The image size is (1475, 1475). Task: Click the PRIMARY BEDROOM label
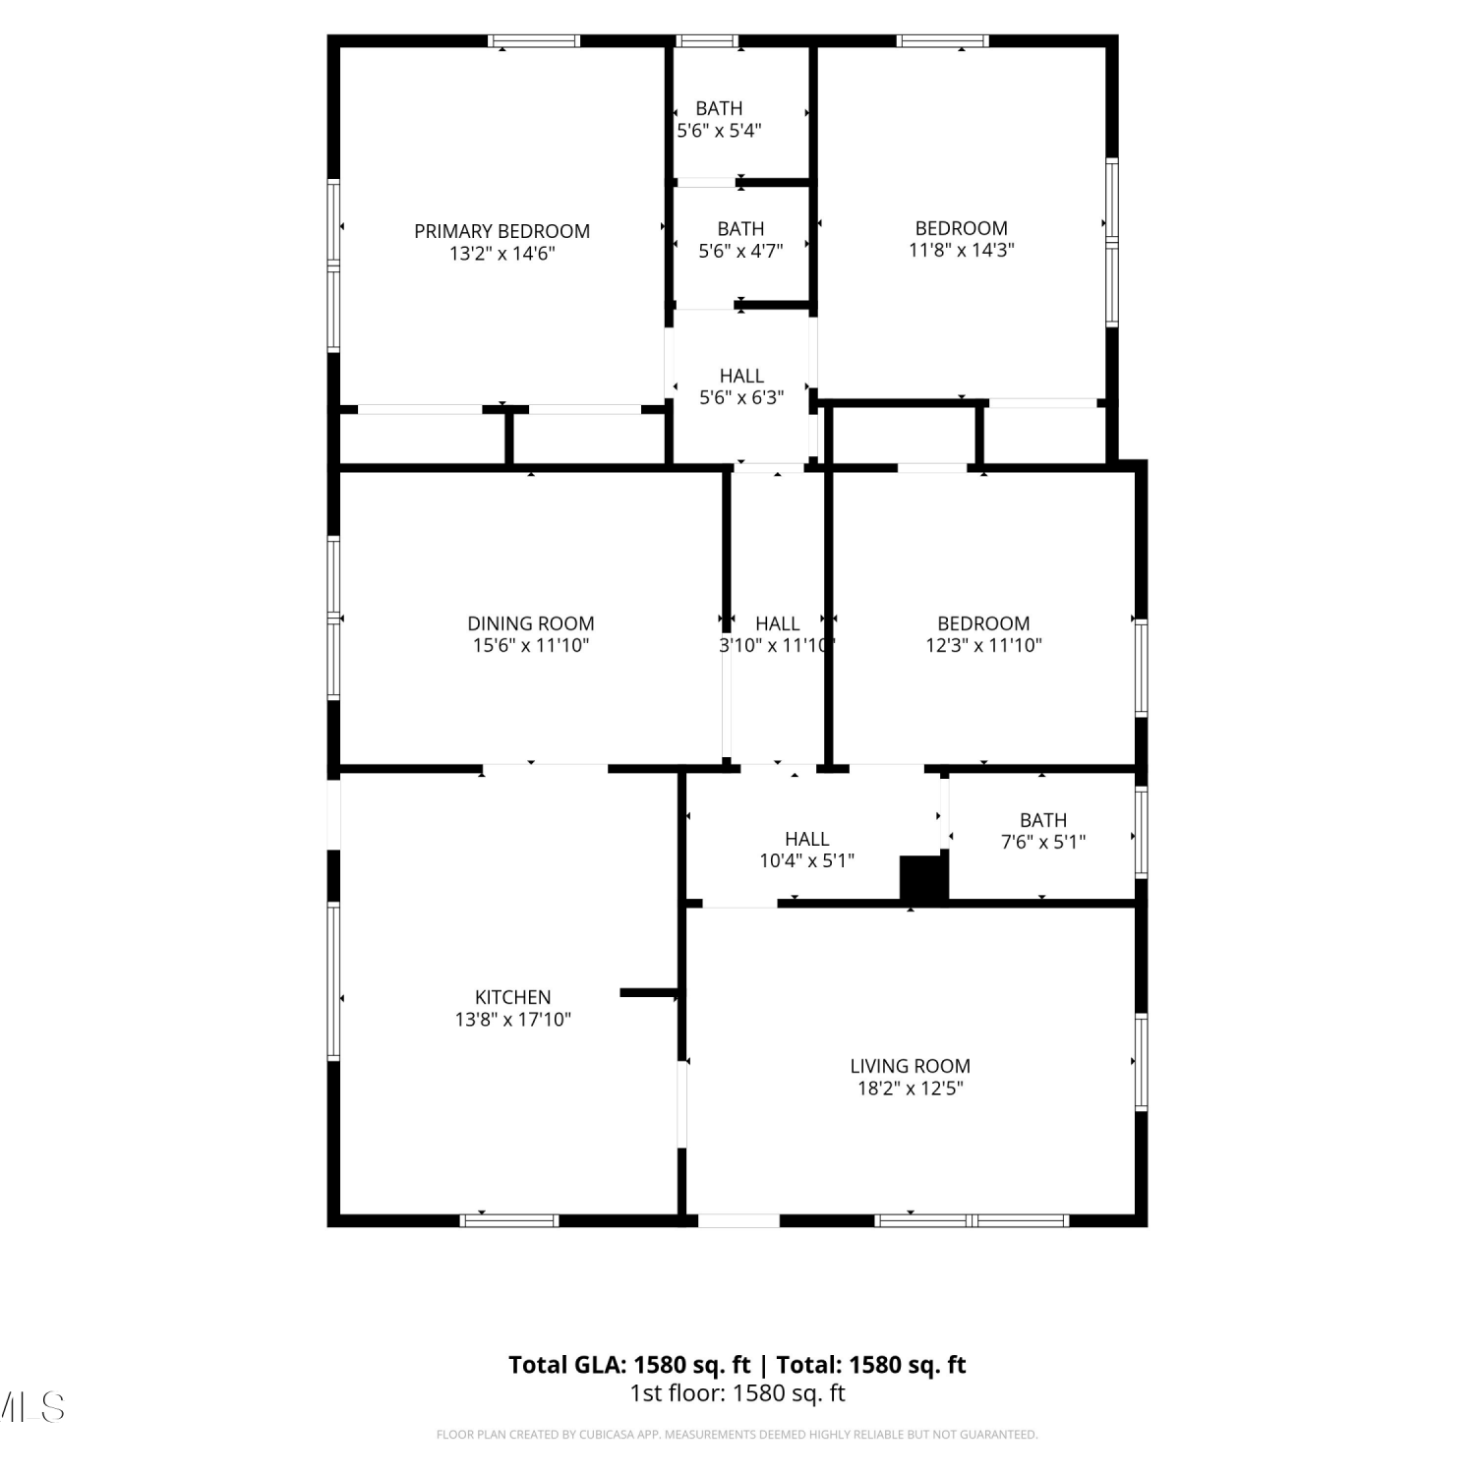501,231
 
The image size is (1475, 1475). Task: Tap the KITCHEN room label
513,997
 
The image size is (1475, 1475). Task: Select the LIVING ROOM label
910,1066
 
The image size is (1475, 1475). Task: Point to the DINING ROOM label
531,623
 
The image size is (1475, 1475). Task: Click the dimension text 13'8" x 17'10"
513,1020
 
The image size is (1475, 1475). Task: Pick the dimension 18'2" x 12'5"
910,1089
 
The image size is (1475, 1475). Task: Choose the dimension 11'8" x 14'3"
962,250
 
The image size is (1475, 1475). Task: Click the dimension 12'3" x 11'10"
983,646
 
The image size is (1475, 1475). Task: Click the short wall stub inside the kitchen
649,993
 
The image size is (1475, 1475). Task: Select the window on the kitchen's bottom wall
509,1220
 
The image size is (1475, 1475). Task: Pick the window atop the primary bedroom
534,41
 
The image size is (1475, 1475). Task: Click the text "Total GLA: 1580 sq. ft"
629,1365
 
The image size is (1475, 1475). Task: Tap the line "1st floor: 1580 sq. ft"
737,1393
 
